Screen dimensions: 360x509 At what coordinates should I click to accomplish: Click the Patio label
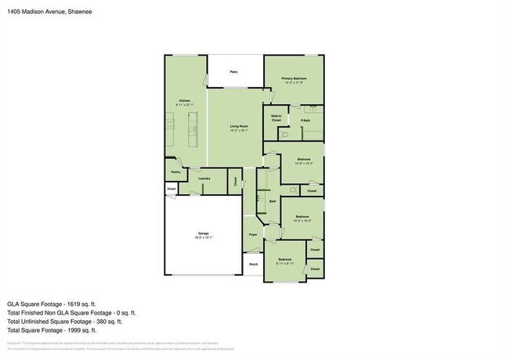pyautogui.click(x=233, y=72)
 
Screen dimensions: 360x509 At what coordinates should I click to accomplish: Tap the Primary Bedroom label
pyautogui.click(x=294, y=80)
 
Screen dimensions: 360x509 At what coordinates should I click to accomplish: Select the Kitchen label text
pyautogui.click(x=185, y=102)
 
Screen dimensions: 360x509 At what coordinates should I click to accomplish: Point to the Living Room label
pyautogui.click(x=239, y=127)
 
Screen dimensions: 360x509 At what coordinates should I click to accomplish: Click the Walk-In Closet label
pyautogui.click(x=276, y=118)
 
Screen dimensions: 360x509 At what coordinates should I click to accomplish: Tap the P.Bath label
pyautogui.click(x=305, y=121)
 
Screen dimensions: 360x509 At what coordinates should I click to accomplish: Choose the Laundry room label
pyautogui.click(x=204, y=178)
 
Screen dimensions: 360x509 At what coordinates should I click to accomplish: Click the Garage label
pyautogui.click(x=204, y=235)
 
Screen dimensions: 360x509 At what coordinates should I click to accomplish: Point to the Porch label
pyautogui.click(x=253, y=265)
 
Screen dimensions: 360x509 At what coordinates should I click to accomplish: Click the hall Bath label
pyautogui.click(x=273, y=201)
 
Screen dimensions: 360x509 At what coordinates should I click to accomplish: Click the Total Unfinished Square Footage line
pyautogui.click(x=65, y=321)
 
